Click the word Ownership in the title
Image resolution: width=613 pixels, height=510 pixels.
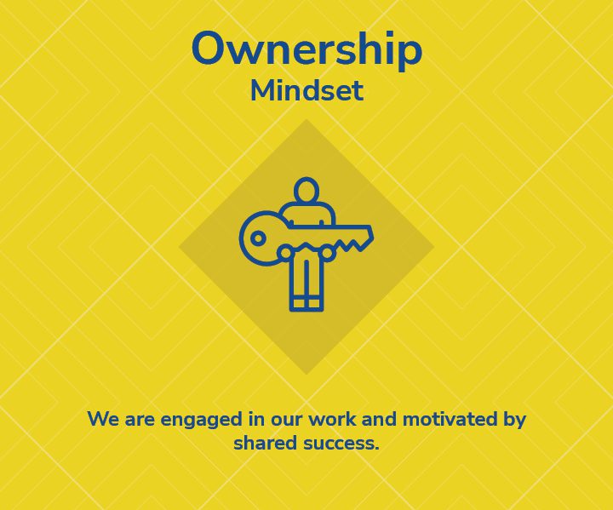[x=306, y=51]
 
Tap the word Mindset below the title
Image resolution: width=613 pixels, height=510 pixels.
[x=306, y=91]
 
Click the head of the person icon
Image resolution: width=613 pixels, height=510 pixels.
[x=306, y=191]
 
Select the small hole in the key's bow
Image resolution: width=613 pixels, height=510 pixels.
[x=257, y=238]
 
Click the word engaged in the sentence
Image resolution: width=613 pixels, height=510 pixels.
[x=201, y=421]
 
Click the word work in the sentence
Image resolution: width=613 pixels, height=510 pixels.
[x=333, y=419]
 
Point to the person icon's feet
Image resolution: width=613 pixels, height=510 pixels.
[x=306, y=305]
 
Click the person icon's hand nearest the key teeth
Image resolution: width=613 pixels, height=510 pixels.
[x=327, y=253]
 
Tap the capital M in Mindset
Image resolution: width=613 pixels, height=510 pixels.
[x=263, y=91]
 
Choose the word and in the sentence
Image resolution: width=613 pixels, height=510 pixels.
[x=380, y=419]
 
